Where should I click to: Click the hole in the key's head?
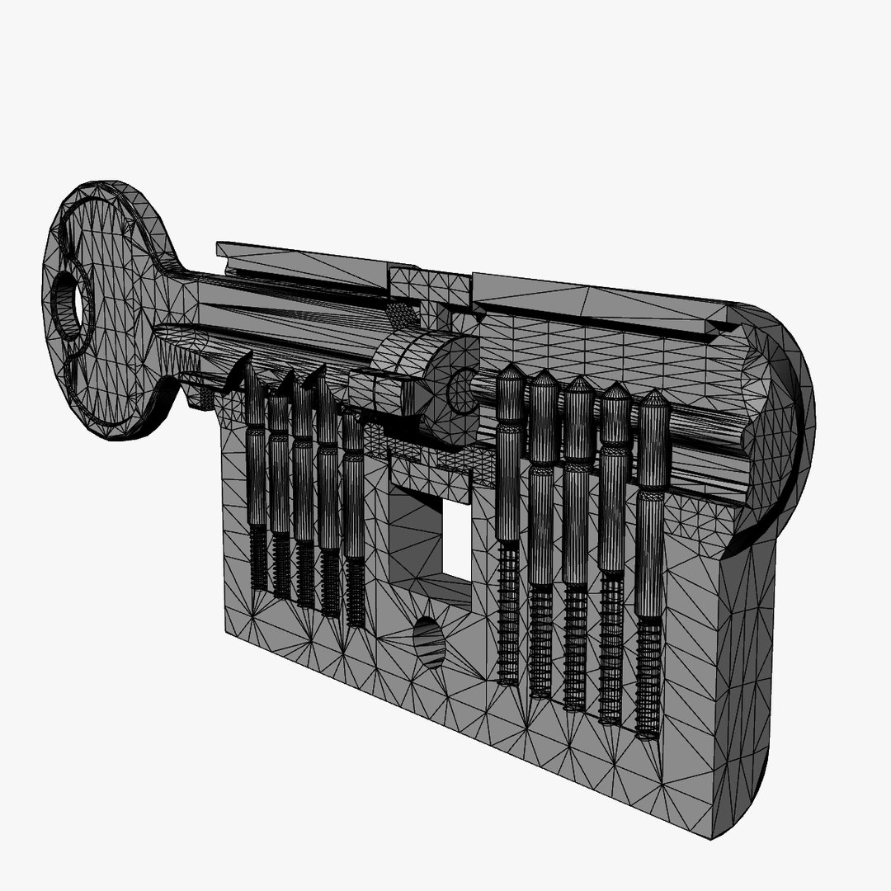68,306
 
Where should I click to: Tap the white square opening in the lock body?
456,540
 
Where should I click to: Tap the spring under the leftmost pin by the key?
258,559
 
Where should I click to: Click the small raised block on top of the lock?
417,285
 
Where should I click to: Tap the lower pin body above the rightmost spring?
650,553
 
